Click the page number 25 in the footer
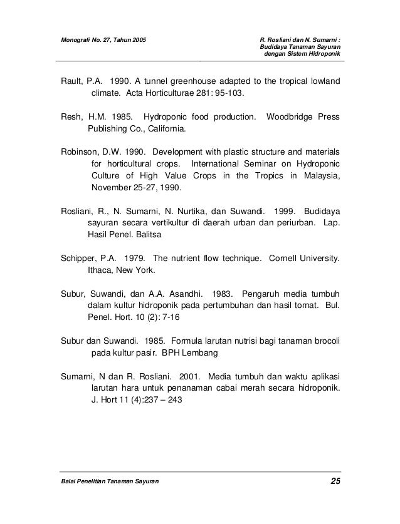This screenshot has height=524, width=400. coord(335,481)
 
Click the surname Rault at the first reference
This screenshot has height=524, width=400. coord(71,81)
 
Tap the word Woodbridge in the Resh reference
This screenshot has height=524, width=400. coord(290,116)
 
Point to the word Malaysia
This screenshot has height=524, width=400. coord(318,175)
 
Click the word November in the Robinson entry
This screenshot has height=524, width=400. coord(112,187)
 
